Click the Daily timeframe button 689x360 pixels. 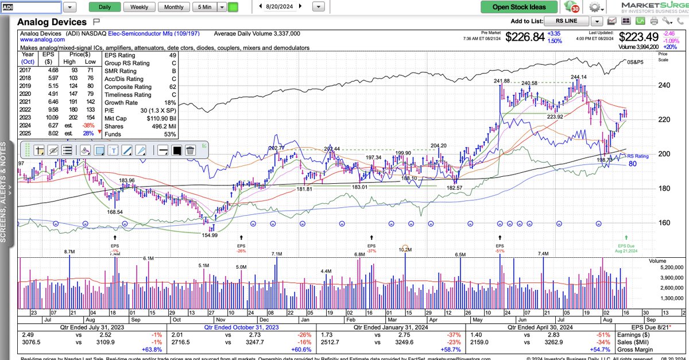[105, 7]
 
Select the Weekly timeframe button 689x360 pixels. [139, 7]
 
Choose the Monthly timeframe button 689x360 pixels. [174, 7]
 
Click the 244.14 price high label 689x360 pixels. [578, 77]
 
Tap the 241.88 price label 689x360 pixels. [501, 81]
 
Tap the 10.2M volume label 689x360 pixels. [405, 249]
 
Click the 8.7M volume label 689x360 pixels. [69, 251]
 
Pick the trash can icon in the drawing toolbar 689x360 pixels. [190, 150]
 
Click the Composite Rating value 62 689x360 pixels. [172, 87]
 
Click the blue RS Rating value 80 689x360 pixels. [632, 164]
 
